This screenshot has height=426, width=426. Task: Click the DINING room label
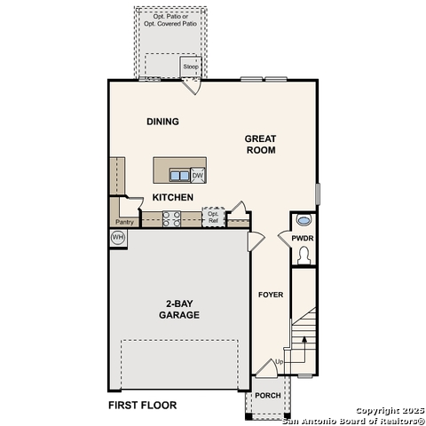tap(162, 122)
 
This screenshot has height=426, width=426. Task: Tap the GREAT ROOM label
tap(261, 144)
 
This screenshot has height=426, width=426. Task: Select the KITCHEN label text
tap(172, 197)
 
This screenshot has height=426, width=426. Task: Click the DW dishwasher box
tap(198, 175)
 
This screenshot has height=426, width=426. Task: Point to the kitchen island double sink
tap(178, 175)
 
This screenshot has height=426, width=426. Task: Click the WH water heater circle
tap(117, 238)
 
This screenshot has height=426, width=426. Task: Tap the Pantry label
tap(124, 222)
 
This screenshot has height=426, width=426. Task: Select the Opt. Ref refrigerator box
tap(213, 217)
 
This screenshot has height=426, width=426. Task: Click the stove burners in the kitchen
tap(171, 218)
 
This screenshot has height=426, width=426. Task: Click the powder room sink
tap(304, 220)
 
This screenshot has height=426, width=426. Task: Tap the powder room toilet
tap(304, 255)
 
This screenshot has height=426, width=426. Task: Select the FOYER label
tap(271, 295)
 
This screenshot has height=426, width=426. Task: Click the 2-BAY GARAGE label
tap(178, 309)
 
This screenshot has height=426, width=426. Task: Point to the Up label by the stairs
tap(280, 362)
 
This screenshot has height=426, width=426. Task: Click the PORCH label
tap(267, 396)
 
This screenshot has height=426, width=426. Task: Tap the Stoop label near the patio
tap(191, 67)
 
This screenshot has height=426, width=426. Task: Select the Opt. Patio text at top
tap(170, 17)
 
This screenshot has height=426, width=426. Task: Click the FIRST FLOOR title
tap(142, 406)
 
